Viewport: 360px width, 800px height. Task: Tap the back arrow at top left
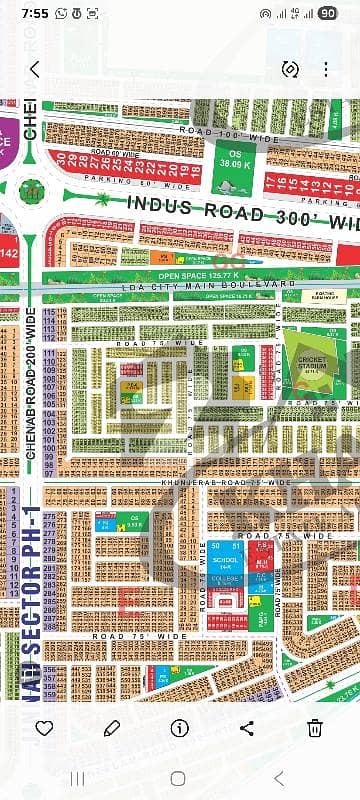[x=35, y=69]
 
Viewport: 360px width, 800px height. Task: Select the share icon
[x=248, y=727]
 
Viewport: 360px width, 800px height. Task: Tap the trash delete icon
[x=315, y=727]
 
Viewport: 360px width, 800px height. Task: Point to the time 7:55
[x=32, y=14]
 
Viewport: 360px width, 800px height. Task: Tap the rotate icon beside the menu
[x=291, y=69]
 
